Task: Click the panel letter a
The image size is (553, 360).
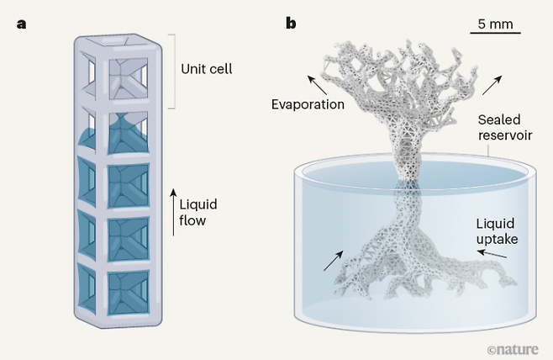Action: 21,23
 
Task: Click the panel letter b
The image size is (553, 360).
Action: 291,23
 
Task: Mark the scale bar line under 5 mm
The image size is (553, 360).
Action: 496,34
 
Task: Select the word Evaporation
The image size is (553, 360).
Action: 308,104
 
